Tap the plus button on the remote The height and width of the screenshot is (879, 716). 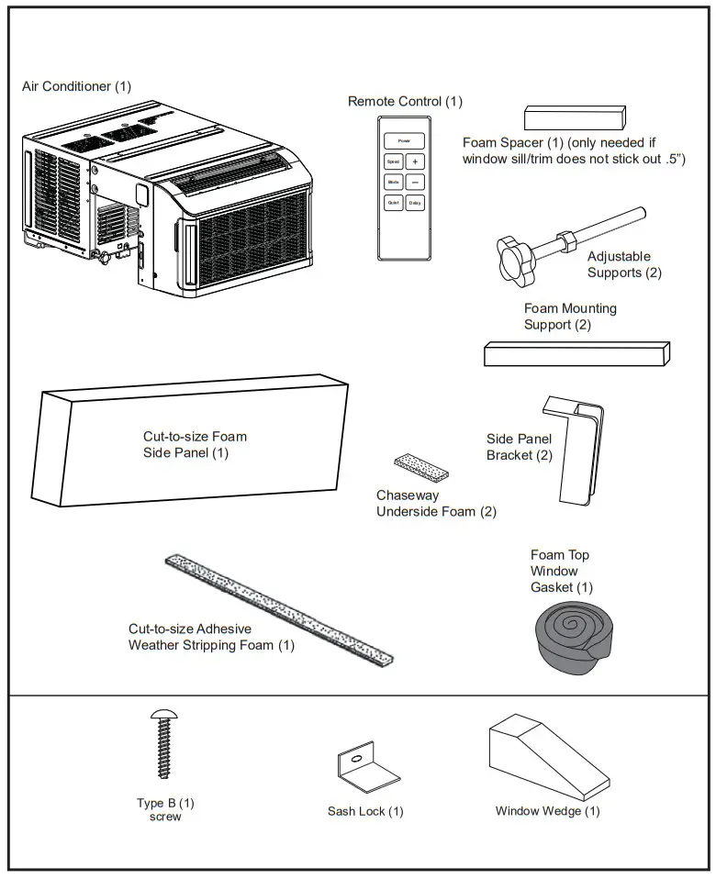415,161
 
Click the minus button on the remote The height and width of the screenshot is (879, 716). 415,182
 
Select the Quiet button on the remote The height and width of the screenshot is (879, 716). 393,204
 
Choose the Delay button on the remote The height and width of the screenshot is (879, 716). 415,204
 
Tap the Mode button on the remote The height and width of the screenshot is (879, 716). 393,182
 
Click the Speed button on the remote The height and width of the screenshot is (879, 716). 393,161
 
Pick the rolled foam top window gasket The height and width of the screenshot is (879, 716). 568,634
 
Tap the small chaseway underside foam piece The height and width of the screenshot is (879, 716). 420,466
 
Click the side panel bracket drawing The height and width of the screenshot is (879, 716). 576,450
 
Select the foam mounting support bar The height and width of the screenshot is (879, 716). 576,353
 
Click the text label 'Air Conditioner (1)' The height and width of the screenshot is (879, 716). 76,86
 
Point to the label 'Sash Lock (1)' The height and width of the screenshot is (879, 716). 365,811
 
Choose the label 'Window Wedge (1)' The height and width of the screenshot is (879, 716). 547,811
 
